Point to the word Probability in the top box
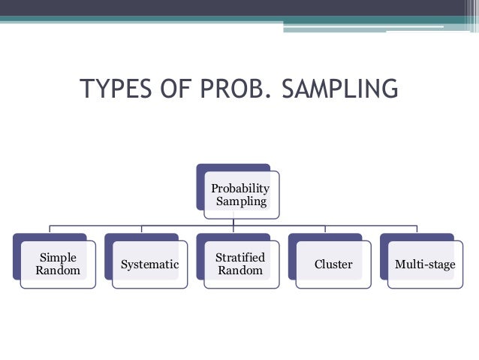click(239, 188)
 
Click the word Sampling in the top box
click(239, 201)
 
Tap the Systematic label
click(149, 265)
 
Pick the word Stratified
click(240, 258)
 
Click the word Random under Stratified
click(240, 271)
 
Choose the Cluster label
click(333, 265)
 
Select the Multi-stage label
click(425, 265)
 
